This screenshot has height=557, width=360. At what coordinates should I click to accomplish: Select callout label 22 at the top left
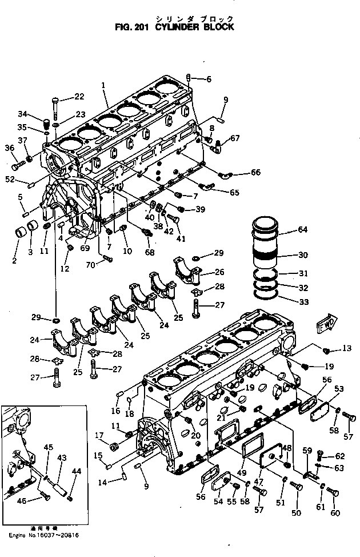pos(79,96)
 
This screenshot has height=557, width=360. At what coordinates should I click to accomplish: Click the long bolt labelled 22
pos(55,107)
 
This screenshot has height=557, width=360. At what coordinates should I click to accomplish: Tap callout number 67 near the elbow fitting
pos(235,137)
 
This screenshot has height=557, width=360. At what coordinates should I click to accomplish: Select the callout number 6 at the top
pos(209,79)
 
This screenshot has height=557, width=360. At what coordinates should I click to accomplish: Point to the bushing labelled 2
pos(21,234)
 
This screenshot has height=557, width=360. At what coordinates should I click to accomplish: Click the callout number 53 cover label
pos(339,388)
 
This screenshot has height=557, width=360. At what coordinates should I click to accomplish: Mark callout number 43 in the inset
pos(62,457)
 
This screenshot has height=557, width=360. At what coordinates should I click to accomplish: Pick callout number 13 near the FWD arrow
pos(346,348)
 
